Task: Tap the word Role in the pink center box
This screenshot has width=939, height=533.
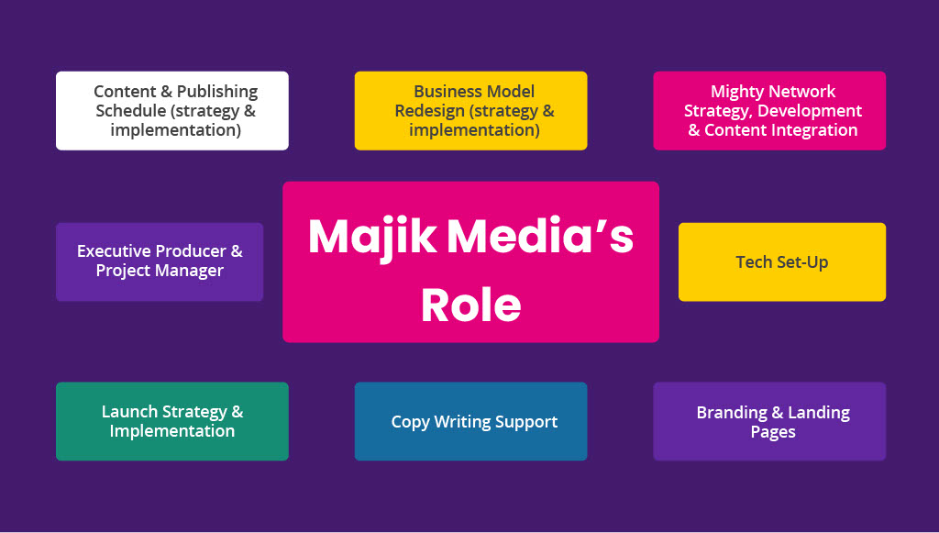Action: (x=470, y=305)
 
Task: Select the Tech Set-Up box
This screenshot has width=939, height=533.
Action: (x=781, y=262)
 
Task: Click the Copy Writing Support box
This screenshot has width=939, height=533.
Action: (x=474, y=422)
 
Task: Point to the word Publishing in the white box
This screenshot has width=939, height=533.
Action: (x=217, y=92)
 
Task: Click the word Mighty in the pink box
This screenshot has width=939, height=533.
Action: (x=737, y=92)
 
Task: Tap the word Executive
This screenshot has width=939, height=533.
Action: (x=114, y=251)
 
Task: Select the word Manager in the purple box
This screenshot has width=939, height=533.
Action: (x=192, y=271)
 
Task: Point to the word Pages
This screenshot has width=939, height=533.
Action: (x=773, y=432)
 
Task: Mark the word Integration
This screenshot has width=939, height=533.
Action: (x=814, y=130)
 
